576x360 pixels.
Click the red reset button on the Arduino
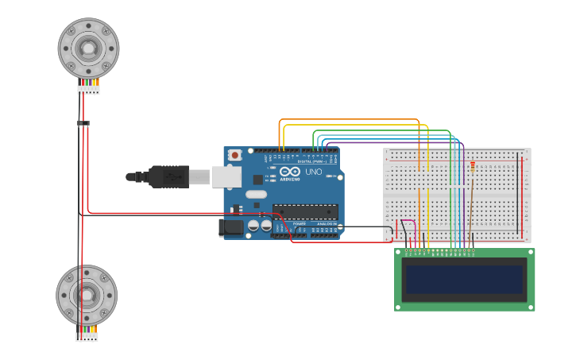(234, 155)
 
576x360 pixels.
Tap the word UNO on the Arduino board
(314, 172)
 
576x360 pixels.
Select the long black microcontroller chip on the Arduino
(305, 211)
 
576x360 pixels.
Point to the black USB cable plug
(168, 176)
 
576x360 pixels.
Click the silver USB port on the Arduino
(226, 176)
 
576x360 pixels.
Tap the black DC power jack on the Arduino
(231, 228)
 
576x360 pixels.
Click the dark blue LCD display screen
(465, 279)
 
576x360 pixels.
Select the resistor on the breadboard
(473, 167)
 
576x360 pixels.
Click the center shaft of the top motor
(88, 48)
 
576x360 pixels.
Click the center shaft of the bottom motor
(87, 295)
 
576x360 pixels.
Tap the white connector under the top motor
(89, 90)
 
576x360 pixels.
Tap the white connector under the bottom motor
(87, 336)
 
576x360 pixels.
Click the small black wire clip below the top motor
(83, 123)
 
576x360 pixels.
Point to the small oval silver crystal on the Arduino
(256, 195)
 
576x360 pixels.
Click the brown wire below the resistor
(470, 207)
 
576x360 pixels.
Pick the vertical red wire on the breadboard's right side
(523, 195)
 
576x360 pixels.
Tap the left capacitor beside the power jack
(253, 226)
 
